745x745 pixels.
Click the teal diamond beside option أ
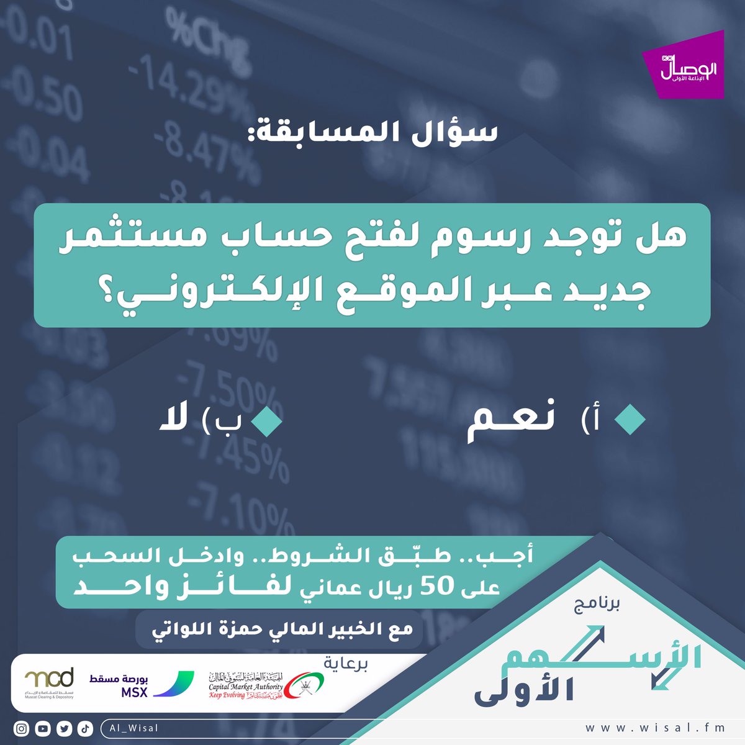[630, 420]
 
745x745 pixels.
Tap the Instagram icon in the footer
[22, 729]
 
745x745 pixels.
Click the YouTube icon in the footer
[43, 729]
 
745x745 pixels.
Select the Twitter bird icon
[64, 729]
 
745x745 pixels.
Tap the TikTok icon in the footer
[85, 729]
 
